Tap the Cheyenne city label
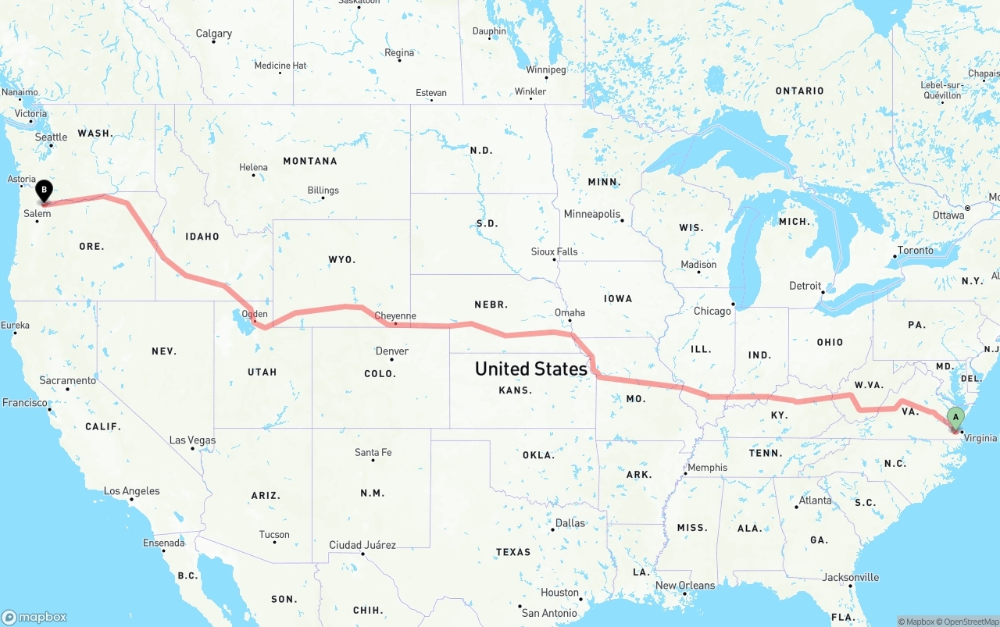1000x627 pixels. (x=395, y=316)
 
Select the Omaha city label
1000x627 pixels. (x=570, y=312)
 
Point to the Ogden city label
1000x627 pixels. (x=255, y=314)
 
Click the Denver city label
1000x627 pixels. (x=392, y=351)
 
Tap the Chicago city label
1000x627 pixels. (x=712, y=311)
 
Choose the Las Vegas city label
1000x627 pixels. (x=192, y=440)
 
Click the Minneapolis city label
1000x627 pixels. (x=592, y=214)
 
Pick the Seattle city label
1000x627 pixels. (x=51, y=137)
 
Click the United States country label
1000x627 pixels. (x=531, y=369)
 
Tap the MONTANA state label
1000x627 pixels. (x=310, y=161)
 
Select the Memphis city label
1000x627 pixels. (x=707, y=468)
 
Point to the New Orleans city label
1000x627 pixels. (x=685, y=586)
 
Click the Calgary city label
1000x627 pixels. (x=214, y=34)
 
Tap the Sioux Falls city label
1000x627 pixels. (x=555, y=252)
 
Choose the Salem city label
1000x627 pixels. (x=37, y=214)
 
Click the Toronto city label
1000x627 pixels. (x=916, y=251)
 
